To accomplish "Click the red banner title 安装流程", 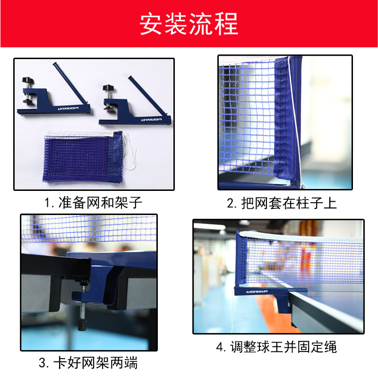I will coord(189,24).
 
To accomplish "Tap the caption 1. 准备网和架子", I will coord(93,203).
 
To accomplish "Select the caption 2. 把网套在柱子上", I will coord(282,203).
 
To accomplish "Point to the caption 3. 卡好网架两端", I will coord(88,363).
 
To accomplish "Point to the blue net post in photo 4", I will coord(241,260).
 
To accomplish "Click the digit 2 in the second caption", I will coord(231,204).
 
